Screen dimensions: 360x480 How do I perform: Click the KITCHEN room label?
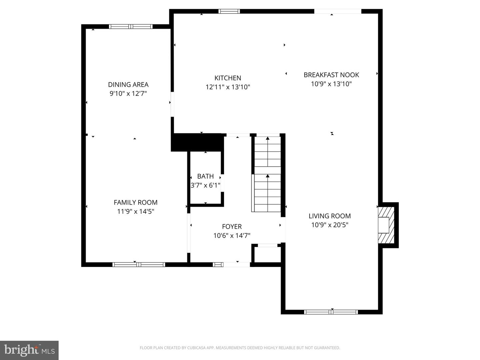tap(228, 78)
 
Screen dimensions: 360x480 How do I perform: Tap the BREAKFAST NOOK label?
tap(331, 75)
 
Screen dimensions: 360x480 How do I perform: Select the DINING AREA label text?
tap(128, 85)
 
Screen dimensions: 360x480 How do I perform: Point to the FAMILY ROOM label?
tap(135, 202)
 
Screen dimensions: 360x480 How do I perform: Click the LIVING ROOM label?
tap(329, 216)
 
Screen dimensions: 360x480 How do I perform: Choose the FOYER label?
tap(232, 227)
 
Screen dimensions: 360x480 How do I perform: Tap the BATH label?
tap(205, 176)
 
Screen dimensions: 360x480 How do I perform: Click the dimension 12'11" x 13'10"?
tap(228, 87)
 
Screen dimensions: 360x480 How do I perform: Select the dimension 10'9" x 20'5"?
tap(329, 225)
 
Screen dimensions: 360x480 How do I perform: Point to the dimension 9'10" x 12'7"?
tap(128, 94)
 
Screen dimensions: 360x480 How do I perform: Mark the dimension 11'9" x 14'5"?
tap(135, 211)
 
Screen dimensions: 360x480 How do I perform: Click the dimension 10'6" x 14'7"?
tap(232, 236)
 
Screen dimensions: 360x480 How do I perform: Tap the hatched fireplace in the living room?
tap(386, 225)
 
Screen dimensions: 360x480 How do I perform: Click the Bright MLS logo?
tap(29, 350)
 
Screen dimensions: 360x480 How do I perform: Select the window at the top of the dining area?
tap(131, 27)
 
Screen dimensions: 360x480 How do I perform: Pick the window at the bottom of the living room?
tap(331, 312)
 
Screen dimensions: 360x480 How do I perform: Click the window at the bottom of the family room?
tap(139, 265)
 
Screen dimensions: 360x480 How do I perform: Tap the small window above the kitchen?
tap(229, 11)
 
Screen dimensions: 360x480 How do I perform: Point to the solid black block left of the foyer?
tap(197, 142)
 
